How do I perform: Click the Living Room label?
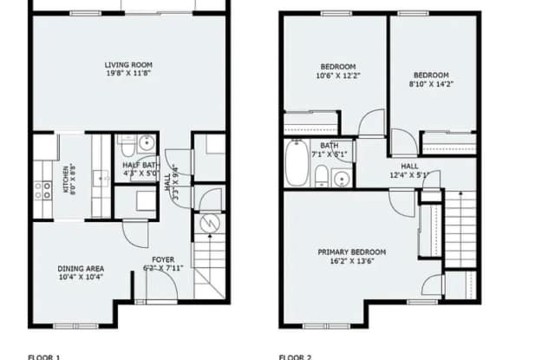click(x=129, y=65)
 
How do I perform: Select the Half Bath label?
click(x=139, y=165)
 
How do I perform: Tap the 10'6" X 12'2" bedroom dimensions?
click(x=337, y=76)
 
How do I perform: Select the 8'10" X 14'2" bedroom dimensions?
click(x=432, y=84)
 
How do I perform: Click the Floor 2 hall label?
click(x=409, y=165)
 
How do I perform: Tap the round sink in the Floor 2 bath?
click(x=343, y=180)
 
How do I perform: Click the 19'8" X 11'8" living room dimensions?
click(x=129, y=75)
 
